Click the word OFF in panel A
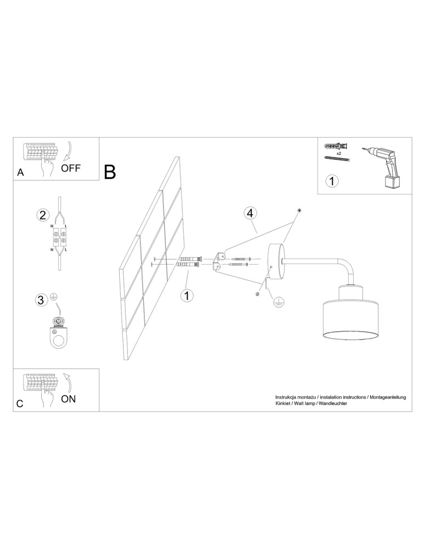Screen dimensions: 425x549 point(71,168)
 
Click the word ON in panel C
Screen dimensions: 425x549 point(68,399)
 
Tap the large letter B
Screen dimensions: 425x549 point(110,172)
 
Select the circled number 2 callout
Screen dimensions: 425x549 point(43,214)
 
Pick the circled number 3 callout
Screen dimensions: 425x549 point(41,300)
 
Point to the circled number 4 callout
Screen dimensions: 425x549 point(250,213)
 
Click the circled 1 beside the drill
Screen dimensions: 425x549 point(332,181)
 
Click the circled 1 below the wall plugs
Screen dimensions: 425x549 point(187,295)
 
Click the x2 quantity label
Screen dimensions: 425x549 point(339,153)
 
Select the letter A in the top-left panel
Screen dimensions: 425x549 point(21,172)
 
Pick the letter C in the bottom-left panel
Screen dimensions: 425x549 point(20,404)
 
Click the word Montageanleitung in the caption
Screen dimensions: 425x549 point(387,397)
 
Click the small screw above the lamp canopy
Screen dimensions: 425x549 point(299,210)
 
